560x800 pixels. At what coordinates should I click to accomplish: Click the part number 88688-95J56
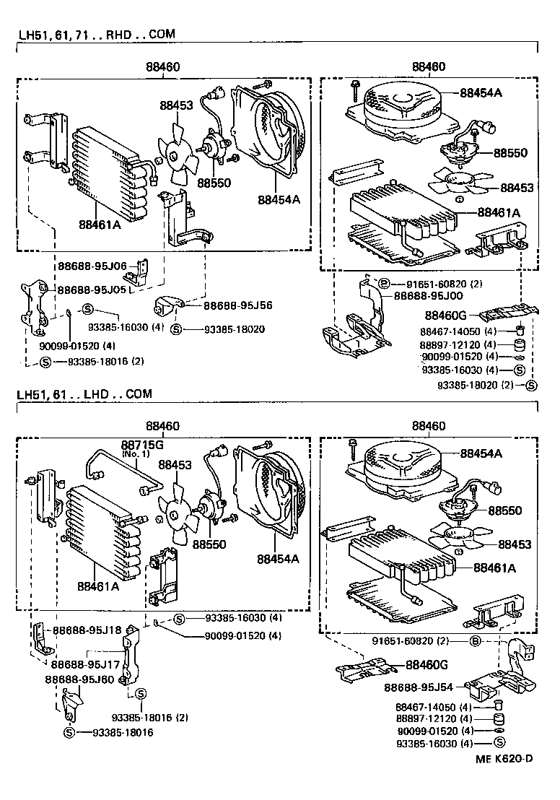coord(227,305)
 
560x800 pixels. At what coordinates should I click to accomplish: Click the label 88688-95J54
coord(418,689)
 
